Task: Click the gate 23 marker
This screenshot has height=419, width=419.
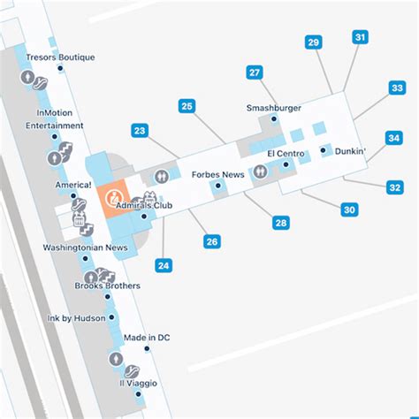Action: [140, 130]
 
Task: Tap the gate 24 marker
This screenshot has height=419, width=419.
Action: [163, 264]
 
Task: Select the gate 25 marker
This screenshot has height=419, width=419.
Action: [187, 106]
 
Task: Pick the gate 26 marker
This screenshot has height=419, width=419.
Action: [211, 240]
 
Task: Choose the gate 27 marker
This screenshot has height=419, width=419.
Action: [255, 72]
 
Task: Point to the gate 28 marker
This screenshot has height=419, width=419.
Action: [280, 222]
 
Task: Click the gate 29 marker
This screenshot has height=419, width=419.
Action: [313, 42]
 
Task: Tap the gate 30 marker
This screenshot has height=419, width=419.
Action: [350, 209]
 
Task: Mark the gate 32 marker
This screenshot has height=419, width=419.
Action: [395, 187]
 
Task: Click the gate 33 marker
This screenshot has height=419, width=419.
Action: [397, 88]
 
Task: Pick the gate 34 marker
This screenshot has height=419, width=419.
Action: [394, 138]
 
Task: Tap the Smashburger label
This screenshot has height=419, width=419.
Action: [274, 108]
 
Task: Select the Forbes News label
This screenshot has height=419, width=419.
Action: [217, 174]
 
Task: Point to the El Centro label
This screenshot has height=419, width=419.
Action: [286, 154]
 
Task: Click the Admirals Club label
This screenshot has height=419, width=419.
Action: [144, 205]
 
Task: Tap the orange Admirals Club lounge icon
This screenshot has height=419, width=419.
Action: [112, 197]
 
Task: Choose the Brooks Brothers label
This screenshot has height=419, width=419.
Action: [107, 286]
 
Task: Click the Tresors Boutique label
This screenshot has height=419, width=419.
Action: [60, 57]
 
